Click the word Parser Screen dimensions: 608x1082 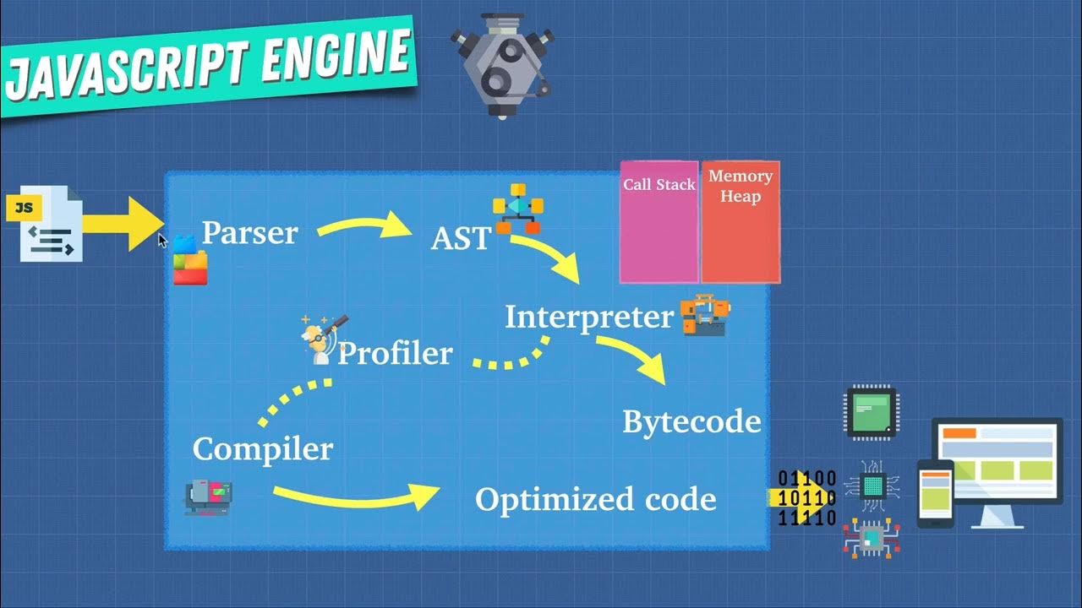click(x=249, y=233)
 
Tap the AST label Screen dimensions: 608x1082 click(x=460, y=239)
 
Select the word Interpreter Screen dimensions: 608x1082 click(x=588, y=318)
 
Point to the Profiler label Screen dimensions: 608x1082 click(x=395, y=353)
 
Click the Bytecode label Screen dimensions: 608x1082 click(x=691, y=421)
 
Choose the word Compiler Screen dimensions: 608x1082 click(x=262, y=448)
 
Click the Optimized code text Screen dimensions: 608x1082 click(x=595, y=499)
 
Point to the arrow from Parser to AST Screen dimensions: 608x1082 click(x=363, y=226)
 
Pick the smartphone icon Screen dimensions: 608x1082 click(x=936, y=493)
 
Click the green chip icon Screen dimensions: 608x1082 click(x=872, y=413)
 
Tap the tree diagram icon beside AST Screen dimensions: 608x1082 click(x=516, y=208)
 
